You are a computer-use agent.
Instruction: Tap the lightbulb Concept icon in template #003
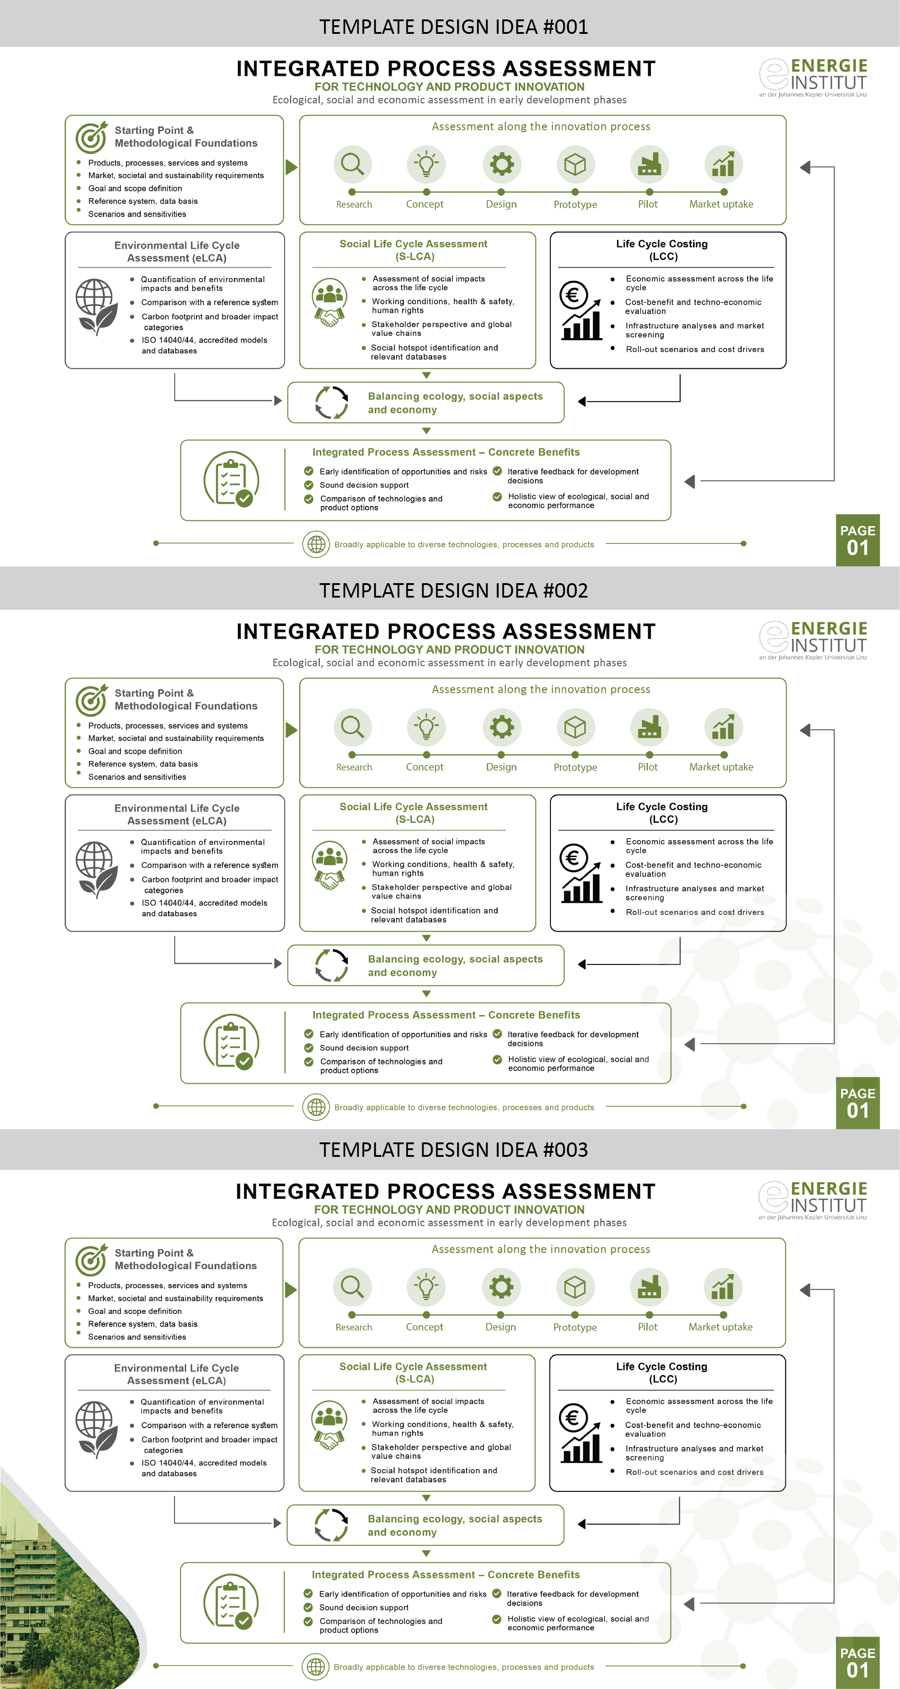(x=426, y=1286)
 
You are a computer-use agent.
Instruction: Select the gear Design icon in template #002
(x=502, y=727)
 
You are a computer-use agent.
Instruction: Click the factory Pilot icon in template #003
(x=649, y=1286)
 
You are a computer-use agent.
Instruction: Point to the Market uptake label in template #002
(x=721, y=767)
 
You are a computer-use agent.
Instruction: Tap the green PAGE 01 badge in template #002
(x=858, y=1103)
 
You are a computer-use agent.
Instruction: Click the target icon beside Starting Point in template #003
(x=91, y=1260)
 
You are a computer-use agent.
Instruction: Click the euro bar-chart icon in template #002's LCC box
(x=581, y=872)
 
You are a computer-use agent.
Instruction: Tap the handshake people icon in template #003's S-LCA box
(x=329, y=1425)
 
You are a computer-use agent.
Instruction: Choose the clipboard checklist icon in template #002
(x=231, y=1043)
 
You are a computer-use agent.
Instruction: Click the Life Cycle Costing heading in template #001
(x=662, y=250)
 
